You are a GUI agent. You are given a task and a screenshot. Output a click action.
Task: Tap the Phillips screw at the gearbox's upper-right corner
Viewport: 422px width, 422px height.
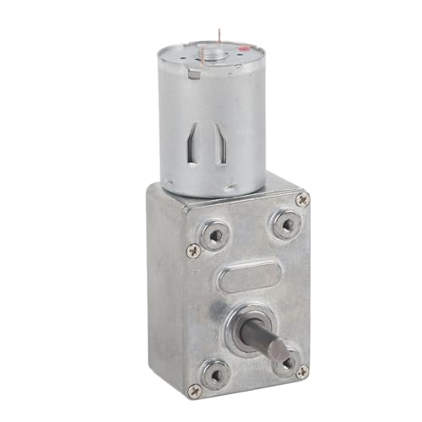point(301,198)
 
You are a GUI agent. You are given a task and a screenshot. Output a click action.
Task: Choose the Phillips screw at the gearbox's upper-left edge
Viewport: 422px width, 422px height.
point(195,250)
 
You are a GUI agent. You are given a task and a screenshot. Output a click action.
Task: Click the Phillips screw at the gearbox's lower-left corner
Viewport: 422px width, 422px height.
point(196,389)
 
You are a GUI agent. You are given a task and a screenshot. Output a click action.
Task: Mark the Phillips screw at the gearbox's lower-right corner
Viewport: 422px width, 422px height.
point(302,371)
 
